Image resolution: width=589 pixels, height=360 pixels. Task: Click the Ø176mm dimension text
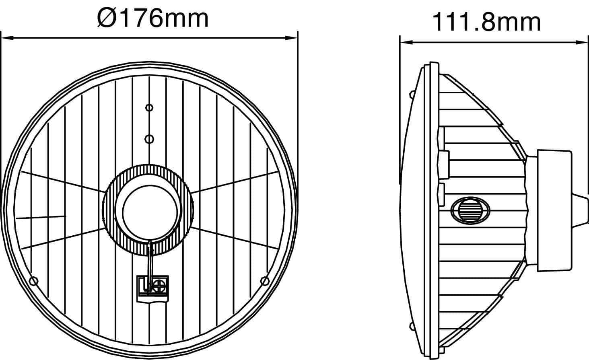point(153,18)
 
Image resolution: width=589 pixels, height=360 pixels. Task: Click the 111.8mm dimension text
point(486,23)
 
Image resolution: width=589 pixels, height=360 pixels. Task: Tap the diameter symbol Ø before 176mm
point(107,18)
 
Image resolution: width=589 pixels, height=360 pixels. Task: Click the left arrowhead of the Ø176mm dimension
point(7,38)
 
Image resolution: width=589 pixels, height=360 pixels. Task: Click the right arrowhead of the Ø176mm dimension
point(292,38)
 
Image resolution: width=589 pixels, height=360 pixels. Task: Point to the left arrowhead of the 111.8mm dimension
point(406,42)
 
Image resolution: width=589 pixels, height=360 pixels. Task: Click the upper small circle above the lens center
point(149,107)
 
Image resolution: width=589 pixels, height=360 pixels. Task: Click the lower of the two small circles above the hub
point(149,139)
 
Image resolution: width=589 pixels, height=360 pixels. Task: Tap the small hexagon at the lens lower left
point(34,281)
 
